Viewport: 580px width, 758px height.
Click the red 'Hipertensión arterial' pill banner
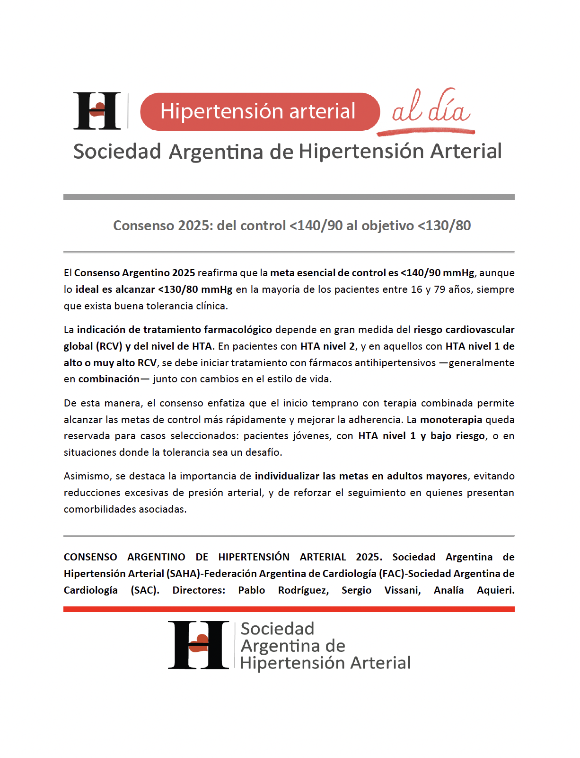(x=260, y=112)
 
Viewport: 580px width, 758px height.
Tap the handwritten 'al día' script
(x=431, y=108)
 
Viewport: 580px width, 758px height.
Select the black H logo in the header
(x=97, y=111)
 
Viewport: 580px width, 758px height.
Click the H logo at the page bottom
(x=198, y=645)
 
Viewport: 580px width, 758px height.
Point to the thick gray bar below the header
(x=289, y=197)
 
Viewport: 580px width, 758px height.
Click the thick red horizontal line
(x=289, y=609)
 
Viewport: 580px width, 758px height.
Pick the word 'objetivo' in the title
(x=387, y=226)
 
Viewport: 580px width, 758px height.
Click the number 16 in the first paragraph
(x=416, y=289)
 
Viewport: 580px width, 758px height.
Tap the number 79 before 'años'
(x=439, y=289)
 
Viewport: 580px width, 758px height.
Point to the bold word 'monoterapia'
(x=451, y=420)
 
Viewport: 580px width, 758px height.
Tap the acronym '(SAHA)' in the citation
(x=183, y=574)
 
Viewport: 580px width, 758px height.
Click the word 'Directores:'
(x=199, y=590)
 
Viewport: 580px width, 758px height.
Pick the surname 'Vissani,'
(x=403, y=590)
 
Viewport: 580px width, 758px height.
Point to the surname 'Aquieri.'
(x=495, y=590)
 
